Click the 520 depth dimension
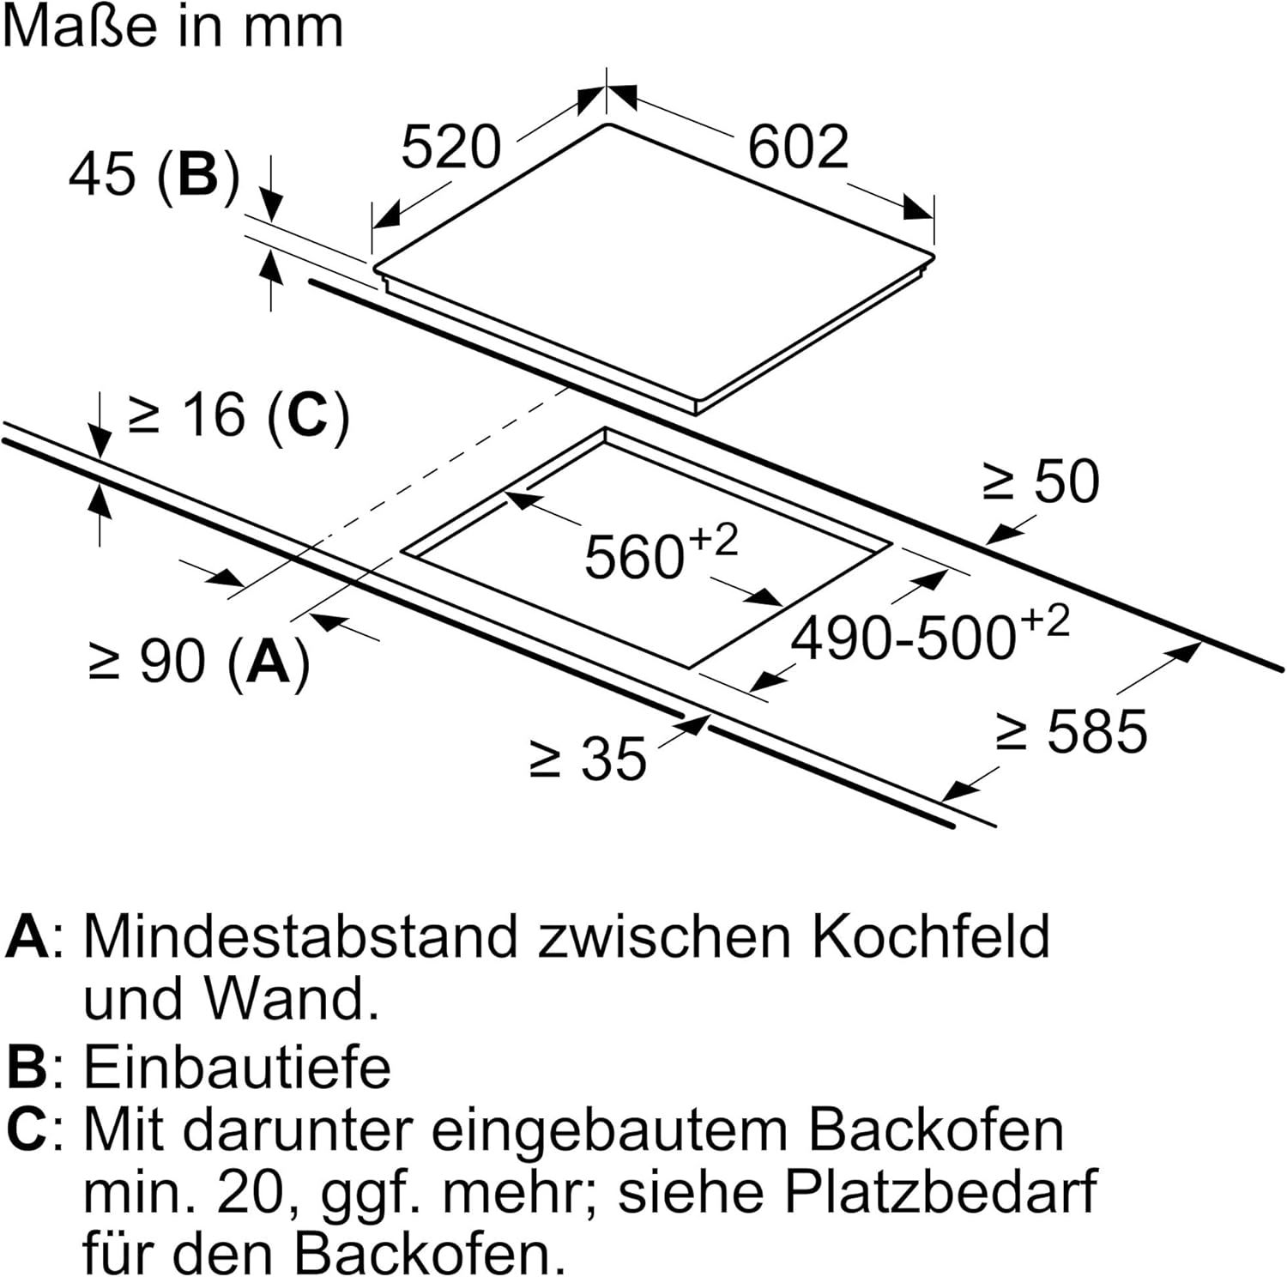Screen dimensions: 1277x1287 point(450,147)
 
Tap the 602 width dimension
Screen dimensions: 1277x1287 point(798,147)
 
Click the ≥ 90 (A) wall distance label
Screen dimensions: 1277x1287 point(199,662)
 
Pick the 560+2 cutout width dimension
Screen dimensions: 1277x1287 point(661,554)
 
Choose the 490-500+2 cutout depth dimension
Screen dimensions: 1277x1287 point(930,636)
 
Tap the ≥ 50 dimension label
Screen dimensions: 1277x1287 point(1041,481)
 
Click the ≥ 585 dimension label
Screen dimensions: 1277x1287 point(1071,731)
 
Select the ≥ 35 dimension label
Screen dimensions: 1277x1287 point(589,759)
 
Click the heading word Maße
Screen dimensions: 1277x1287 point(82,27)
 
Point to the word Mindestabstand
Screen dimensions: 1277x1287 point(300,936)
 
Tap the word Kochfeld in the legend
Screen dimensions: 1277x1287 point(930,936)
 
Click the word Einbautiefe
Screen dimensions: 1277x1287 point(237,1068)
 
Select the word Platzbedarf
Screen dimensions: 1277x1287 point(940,1192)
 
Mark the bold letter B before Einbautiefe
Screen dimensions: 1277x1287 point(26,1068)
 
